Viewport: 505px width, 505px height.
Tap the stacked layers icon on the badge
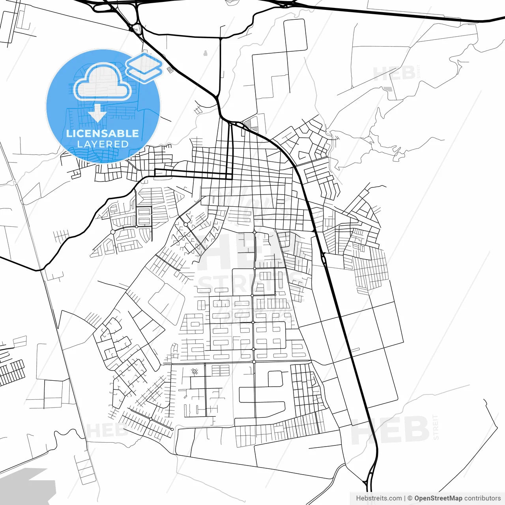pos(144,68)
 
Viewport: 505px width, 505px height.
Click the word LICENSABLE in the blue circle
pos(103,133)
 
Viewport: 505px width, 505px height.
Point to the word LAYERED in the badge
pos(103,144)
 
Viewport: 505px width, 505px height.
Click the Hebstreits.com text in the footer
pos(379,498)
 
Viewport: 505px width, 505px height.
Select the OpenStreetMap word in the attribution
pos(438,498)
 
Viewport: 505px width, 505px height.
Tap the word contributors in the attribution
pos(483,498)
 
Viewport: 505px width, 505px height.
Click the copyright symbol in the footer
pos(410,498)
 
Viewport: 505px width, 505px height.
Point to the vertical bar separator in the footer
pos(405,498)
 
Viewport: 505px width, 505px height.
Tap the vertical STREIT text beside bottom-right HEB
pos(436,427)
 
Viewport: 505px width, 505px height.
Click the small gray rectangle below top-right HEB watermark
pos(389,89)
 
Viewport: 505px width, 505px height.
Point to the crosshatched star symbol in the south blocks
pos(194,371)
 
